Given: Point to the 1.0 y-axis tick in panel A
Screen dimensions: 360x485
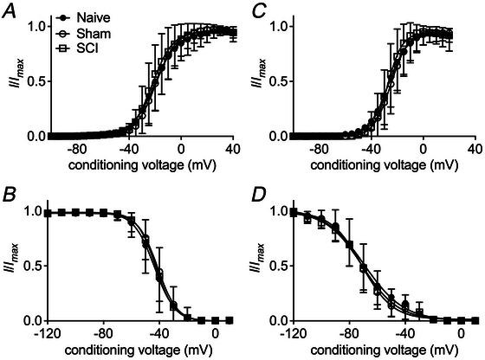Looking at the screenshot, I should coord(35,26).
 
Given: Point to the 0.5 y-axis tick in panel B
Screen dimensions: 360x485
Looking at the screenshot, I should coord(35,266).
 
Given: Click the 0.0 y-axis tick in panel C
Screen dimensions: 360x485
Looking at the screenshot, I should coord(277,137).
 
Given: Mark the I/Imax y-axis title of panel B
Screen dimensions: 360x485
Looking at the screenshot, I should coord(10,266).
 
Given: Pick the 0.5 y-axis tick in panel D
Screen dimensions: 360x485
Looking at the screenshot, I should coord(277,266).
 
